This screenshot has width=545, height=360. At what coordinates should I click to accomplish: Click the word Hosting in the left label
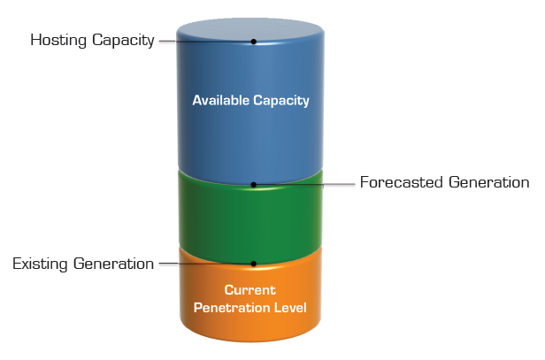58,41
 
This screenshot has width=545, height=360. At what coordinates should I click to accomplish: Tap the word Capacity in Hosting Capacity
123,41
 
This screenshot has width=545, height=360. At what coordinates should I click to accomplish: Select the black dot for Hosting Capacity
254,42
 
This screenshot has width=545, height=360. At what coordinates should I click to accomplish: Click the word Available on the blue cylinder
220,100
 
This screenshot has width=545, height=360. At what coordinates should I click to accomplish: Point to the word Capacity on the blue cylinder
281,101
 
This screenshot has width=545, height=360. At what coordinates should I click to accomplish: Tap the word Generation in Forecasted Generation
489,182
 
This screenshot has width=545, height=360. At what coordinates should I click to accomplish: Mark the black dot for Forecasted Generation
254,185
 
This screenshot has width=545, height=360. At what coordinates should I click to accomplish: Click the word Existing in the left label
40,264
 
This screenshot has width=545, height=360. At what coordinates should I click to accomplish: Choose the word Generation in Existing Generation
113,264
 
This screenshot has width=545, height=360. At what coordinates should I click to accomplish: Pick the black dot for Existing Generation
254,264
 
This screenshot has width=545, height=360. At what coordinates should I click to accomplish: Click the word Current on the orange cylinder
249,290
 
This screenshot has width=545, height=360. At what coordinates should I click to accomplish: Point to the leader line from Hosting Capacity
206,42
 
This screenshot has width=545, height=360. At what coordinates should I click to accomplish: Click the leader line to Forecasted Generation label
304,185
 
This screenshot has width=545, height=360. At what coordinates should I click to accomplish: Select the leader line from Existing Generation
206,264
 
